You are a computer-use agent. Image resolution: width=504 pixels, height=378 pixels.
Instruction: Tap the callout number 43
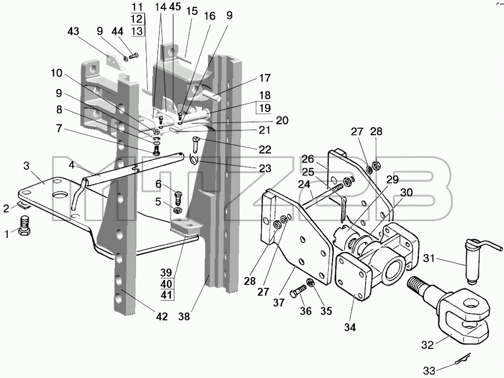click(x=73, y=31)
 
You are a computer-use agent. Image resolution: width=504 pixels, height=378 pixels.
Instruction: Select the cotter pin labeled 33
click(x=463, y=359)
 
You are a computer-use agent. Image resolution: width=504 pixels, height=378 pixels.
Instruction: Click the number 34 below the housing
click(x=349, y=328)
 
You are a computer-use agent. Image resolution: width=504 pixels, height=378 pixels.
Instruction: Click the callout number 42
click(x=162, y=316)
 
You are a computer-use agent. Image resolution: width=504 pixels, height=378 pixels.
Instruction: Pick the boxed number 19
click(x=265, y=108)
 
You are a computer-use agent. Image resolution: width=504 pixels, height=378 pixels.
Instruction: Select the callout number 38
click(x=185, y=316)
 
